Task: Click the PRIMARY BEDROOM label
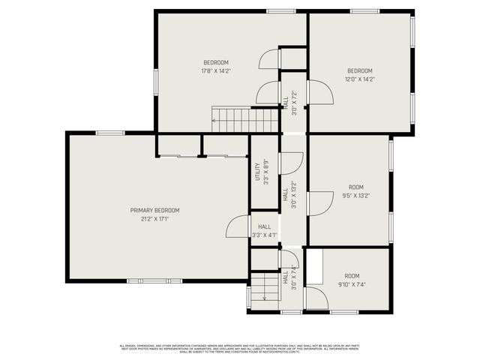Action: click(x=154, y=210)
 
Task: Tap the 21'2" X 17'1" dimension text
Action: click(x=154, y=219)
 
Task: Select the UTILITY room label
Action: click(x=256, y=172)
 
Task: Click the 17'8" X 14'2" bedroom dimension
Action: click(x=215, y=71)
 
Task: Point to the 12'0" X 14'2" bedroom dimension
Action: click(x=359, y=78)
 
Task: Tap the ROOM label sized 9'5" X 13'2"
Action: click(x=356, y=187)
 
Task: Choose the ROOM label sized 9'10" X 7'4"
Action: click(x=352, y=276)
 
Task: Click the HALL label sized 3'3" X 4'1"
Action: click(x=265, y=226)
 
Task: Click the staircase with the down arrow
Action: click(x=263, y=286)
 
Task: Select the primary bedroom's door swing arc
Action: click(x=238, y=226)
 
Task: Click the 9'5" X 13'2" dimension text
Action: click(x=356, y=196)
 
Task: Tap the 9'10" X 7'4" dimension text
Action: click(x=352, y=285)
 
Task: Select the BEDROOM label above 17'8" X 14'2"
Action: click(x=215, y=62)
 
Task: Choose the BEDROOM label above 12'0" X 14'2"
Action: click(x=359, y=69)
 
